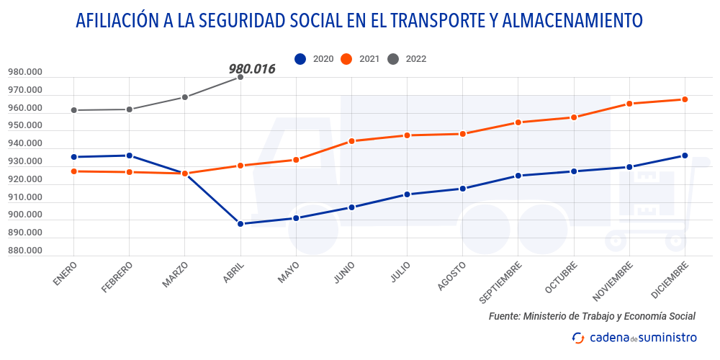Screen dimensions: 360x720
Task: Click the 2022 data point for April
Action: point(240,77)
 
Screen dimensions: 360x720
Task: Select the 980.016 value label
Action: point(252,69)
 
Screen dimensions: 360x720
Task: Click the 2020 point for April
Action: point(240,224)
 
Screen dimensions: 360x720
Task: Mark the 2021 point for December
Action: point(685,99)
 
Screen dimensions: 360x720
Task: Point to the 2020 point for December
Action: point(685,156)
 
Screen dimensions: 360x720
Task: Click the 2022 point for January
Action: point(73,110)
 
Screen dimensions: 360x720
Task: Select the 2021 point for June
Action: point(351,141)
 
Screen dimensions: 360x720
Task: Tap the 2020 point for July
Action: point(408,194)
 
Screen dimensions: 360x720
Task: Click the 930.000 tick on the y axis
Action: point(25,161)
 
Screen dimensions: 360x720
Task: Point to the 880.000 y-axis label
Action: point(25,251)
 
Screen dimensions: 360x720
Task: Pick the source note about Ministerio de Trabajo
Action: point(592,316)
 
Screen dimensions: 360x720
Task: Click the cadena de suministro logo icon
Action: point(578,338)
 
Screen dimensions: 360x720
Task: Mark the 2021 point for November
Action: point(629,104)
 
